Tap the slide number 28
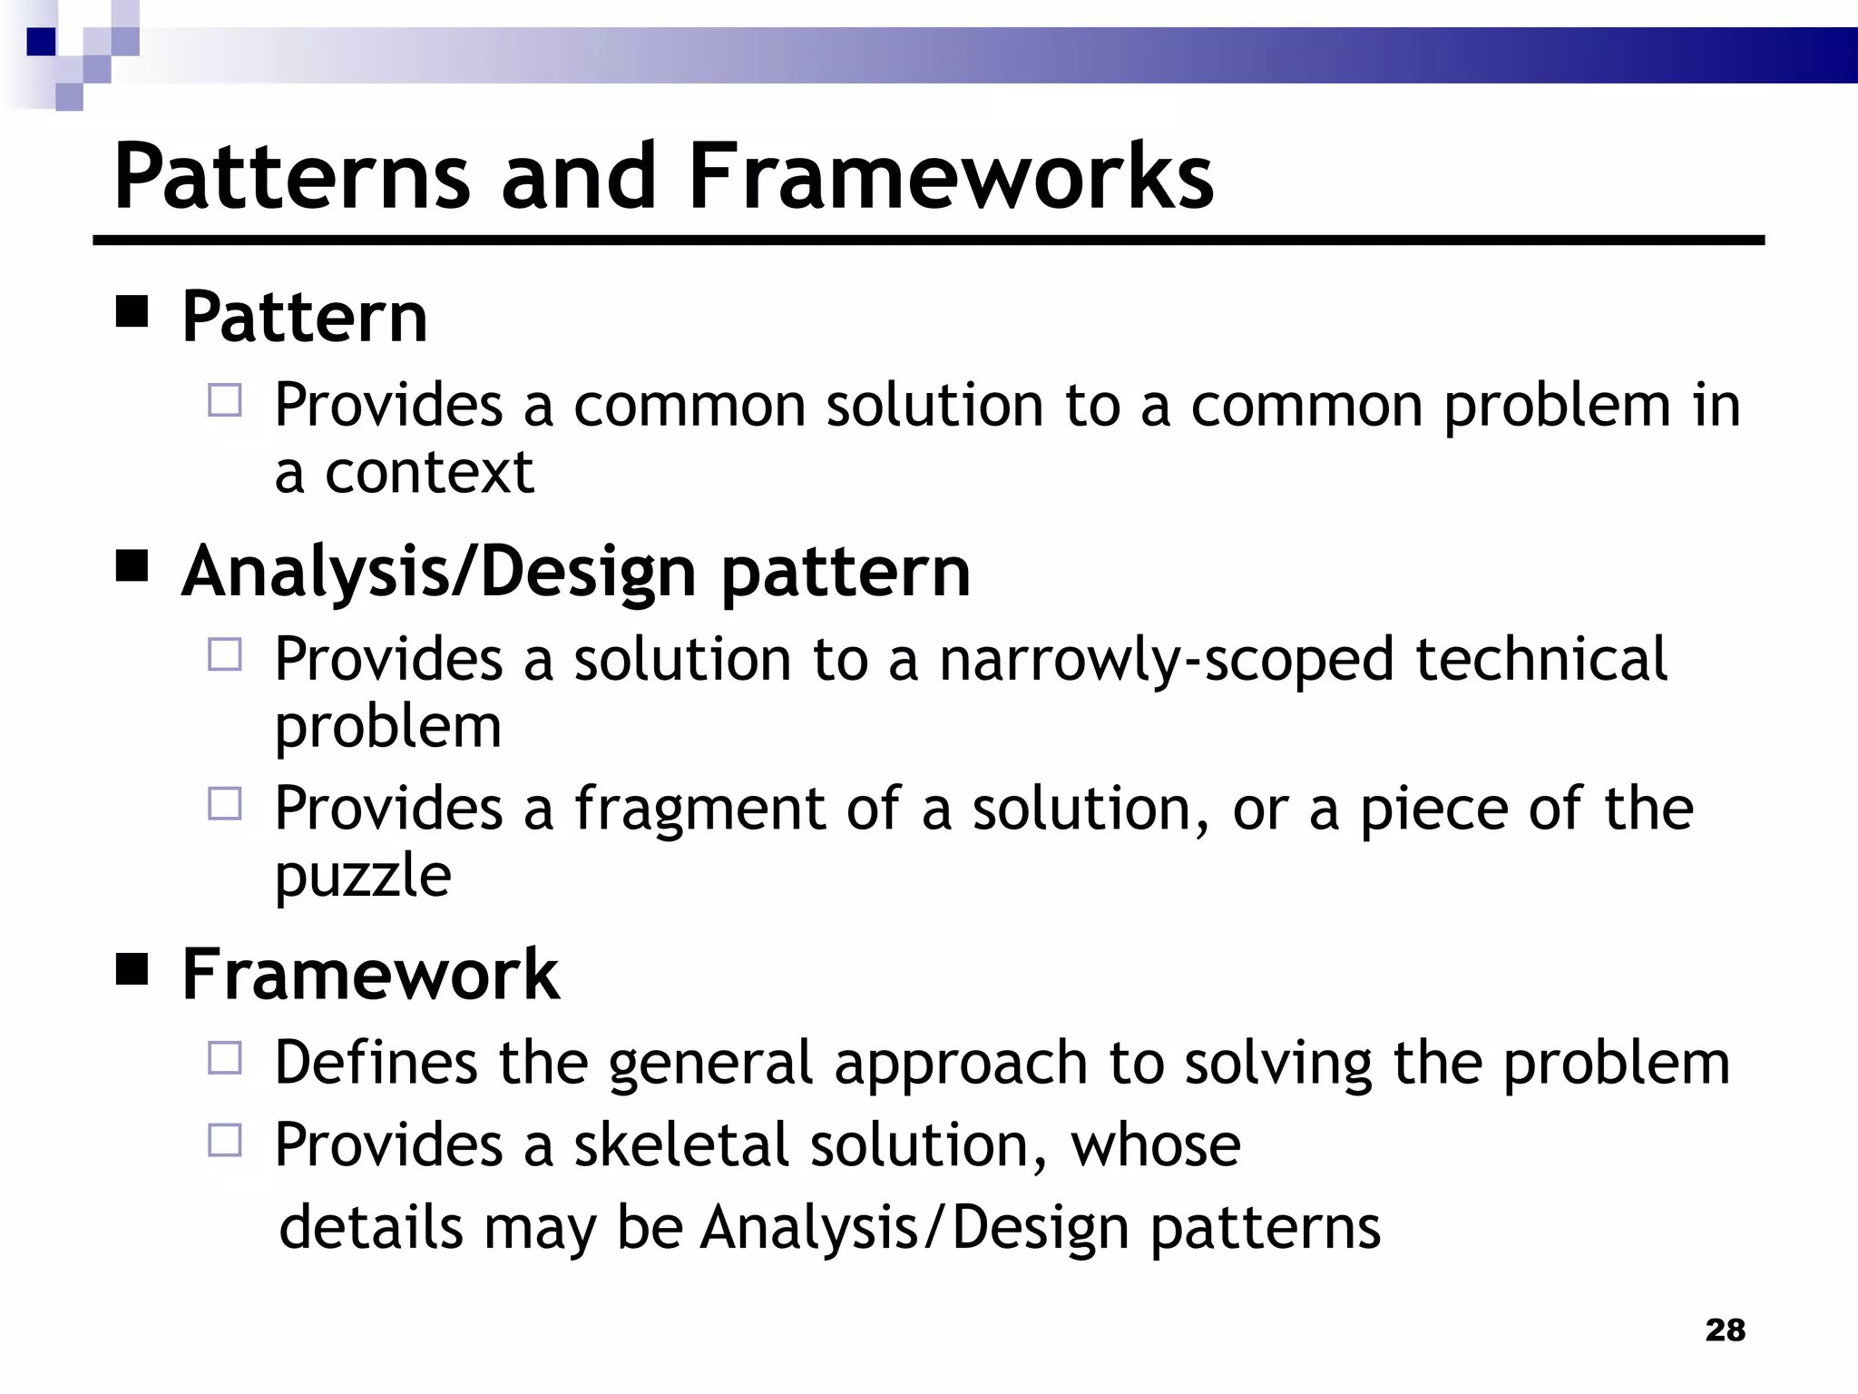1725,1330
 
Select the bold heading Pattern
304,317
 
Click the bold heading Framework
370,974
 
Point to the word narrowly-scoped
1166,659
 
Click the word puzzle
363,876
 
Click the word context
429,473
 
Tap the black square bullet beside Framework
132,969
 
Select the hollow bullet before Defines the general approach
225,1058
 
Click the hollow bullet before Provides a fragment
225,804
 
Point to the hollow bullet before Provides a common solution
225,400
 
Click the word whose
1155,1144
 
